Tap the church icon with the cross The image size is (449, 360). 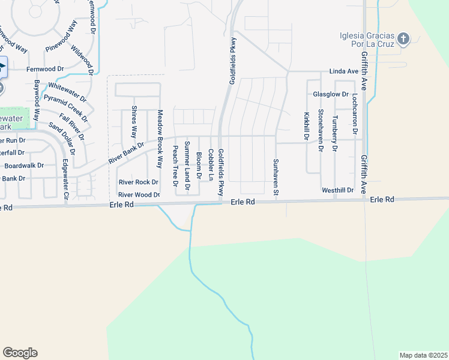point(403,39)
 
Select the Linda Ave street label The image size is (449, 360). point(344,71)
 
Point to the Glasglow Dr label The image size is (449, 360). point(331,94)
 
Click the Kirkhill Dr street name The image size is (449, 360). point(306,126)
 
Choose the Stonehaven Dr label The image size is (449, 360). point(321,130)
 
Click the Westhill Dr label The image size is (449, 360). point(338,190)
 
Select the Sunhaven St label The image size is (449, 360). point(277,172)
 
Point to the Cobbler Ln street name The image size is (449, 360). point(211,165)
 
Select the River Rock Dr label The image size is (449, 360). point(138,182)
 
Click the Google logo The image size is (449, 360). point(20,353)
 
